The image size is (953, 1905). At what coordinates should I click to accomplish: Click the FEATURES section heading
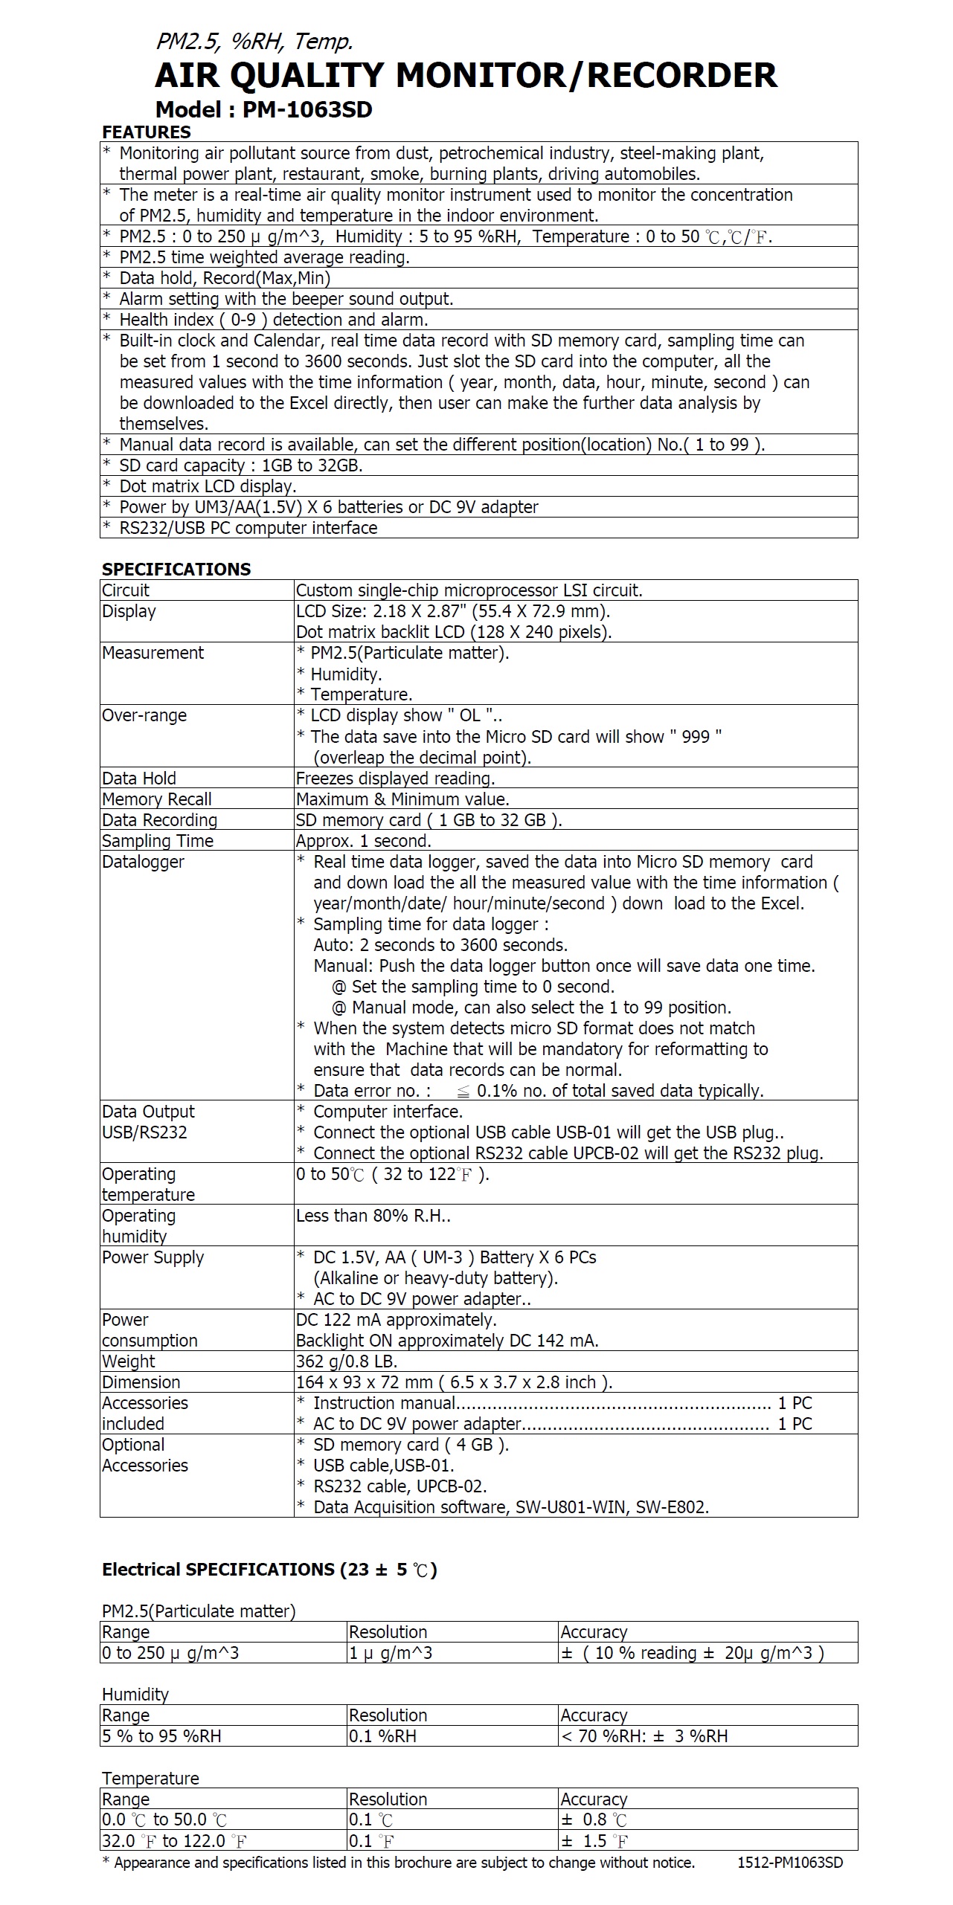(147, 132)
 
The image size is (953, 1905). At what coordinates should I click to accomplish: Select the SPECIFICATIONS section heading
(176, 570)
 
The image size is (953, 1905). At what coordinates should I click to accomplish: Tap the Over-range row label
(144, 715)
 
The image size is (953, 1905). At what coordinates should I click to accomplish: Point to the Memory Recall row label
(157, 799)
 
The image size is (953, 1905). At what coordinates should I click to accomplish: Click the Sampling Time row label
(158, 841)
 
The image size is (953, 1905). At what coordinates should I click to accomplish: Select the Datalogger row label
(143, 862)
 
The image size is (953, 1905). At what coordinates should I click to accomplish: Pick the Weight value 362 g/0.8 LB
(347, 1361)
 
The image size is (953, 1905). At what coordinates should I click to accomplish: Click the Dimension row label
(141, 1382)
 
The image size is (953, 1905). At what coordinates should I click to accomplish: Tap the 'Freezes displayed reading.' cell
(396, 779)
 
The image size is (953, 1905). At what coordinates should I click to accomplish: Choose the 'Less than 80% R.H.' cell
(373, 1216)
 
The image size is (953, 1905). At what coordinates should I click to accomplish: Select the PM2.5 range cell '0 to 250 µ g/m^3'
(171, 1653)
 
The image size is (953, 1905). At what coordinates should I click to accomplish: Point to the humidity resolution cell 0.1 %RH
(383, 1736)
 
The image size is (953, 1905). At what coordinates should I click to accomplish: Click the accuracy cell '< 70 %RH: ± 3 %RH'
(644, 1736)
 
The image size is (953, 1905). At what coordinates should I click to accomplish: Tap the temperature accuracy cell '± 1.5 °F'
(594, 1841)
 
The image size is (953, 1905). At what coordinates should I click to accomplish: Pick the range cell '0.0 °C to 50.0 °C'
(164, 1820)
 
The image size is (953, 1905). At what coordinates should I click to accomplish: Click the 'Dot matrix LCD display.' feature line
(208, 486)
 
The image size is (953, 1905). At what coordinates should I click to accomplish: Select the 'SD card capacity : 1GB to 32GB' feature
(241, 465)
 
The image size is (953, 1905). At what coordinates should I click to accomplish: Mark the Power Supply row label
(153, 1257)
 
